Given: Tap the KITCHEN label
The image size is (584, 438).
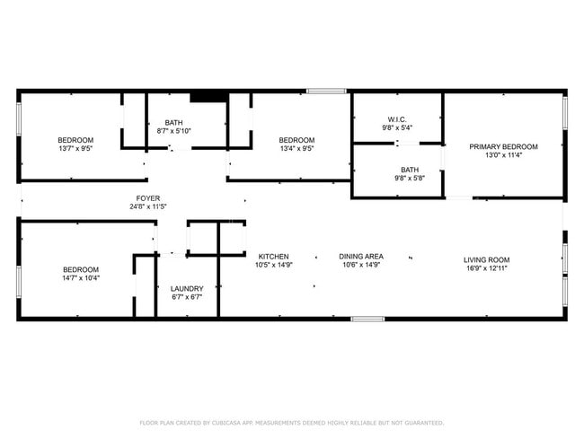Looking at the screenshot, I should (273, 256).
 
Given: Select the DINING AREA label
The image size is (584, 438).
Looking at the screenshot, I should (361, 256).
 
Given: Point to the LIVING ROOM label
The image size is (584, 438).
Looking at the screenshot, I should (487, 260).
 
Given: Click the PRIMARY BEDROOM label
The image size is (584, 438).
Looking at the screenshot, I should (503, 146).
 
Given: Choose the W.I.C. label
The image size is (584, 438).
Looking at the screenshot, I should (397, 119).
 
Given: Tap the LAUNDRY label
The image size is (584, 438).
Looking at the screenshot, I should (186, 288).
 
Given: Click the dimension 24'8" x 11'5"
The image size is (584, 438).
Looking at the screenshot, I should (148, 206).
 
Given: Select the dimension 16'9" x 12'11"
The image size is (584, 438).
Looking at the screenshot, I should (487, 269).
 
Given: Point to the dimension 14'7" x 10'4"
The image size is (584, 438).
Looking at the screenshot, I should (80, 278).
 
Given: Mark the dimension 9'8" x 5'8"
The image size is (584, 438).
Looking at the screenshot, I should (410, 179).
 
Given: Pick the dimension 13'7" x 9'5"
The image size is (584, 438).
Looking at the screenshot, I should (75, 149).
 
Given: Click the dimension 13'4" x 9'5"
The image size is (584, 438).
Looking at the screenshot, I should (296, 149).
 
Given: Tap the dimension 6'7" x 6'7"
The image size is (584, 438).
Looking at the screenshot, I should (186, 297).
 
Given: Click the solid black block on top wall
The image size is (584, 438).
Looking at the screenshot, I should (208, 95).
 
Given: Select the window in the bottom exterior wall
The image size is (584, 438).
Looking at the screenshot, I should (367, 319).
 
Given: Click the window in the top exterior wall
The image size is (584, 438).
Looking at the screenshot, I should (326, 91).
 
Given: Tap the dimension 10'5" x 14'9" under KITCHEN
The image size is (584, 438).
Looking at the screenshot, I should (273, 265).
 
